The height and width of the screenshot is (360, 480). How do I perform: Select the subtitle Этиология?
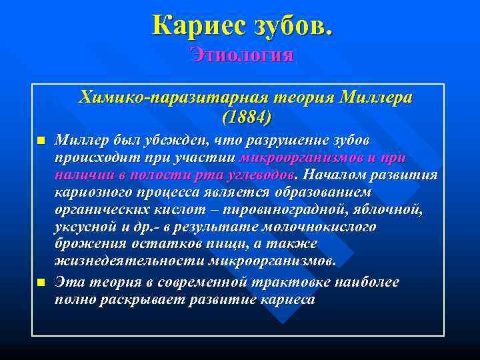coord(241,54)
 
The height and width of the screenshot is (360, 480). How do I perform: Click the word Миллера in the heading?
coord(375,97)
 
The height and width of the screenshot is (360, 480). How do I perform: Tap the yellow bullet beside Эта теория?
coord(40,283)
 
